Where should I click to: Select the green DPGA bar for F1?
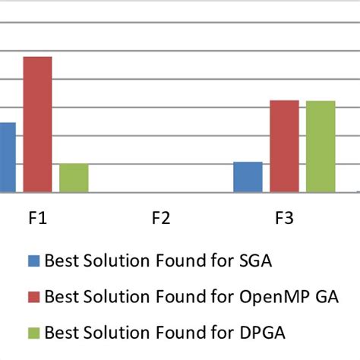tap(74, 178)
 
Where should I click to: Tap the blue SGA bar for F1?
tap(8, 157)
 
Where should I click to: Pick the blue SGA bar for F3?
tap(248, 177)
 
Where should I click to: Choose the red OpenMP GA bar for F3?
tap(284, 146)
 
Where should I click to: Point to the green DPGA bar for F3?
tap(320, 146)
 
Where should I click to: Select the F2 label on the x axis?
tap(161, 219)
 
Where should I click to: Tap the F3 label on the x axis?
tap(283, 219)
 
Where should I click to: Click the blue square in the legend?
tap(33, 261)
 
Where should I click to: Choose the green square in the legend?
tap(33, 331)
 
